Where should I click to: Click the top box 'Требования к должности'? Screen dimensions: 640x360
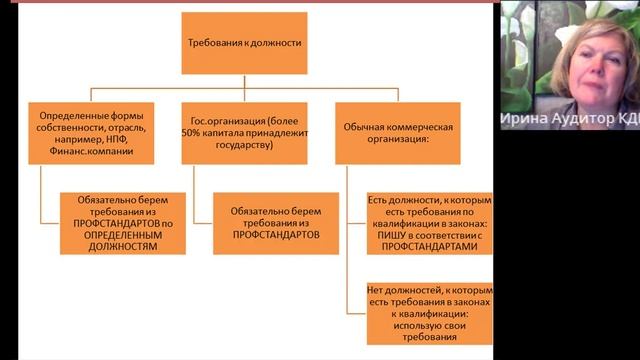point(244,44)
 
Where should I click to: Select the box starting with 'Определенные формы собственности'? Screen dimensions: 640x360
point(92,133)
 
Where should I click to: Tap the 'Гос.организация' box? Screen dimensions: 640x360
point(244,133)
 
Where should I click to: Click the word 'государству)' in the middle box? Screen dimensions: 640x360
point(245,145)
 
